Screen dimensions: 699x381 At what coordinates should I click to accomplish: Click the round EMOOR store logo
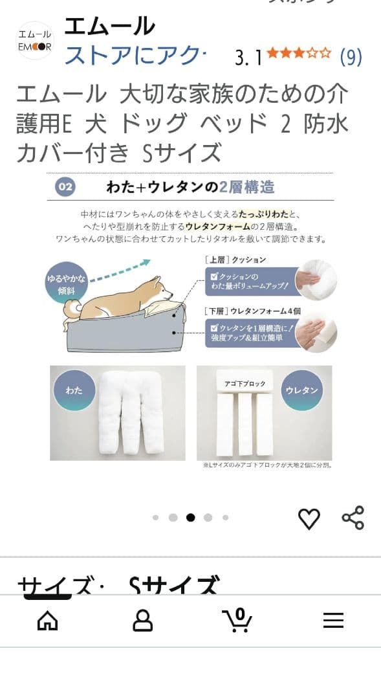(35, 40)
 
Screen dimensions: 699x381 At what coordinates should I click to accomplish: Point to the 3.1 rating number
(248, 58)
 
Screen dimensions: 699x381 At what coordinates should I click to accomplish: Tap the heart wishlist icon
(309, 518)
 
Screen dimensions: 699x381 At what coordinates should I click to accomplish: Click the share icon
(353, 518)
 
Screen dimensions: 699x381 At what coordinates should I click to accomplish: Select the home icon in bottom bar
(47, 621)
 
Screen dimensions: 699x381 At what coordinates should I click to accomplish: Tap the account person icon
(142, 621)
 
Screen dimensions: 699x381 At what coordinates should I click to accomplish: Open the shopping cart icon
(237, 620)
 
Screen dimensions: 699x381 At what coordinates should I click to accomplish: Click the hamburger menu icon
(333, 621)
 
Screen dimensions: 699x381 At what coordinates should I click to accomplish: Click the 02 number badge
(65, 188)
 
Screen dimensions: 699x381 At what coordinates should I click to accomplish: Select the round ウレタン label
(301, 391)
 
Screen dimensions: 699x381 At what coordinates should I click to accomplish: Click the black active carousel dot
(190, 517)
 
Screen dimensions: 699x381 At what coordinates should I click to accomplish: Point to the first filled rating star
(272, 53)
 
